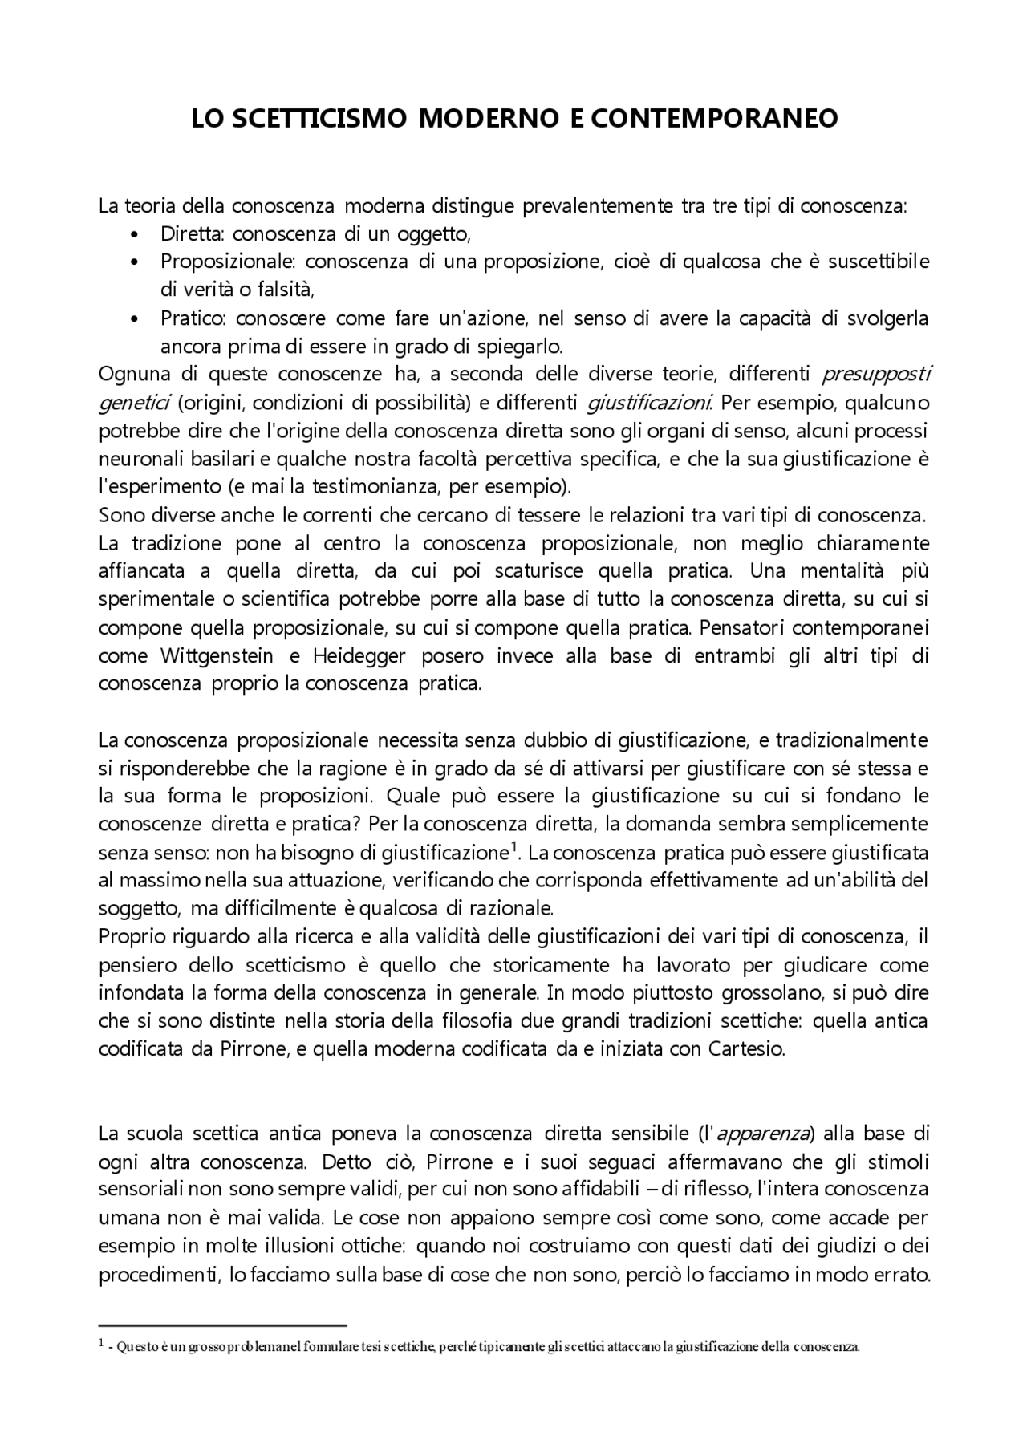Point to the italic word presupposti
(876, 375)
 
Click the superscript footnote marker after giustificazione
(513, 847)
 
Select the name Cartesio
(745, 1049)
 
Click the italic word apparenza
(762, 1134)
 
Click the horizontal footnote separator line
(221, 1326)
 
